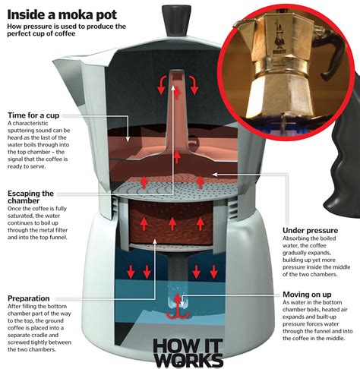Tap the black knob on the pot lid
pyautogui.click(x=175, y=18)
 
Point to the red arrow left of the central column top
pyautogui.click(x=161, y=86)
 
